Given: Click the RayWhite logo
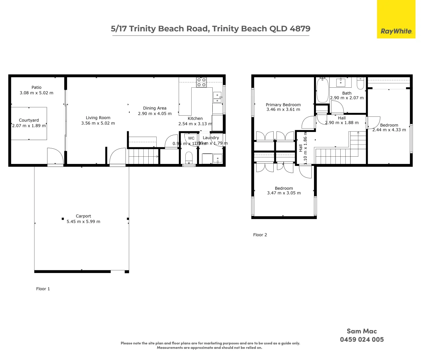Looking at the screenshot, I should [396, 31].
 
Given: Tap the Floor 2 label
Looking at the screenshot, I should [260, 235].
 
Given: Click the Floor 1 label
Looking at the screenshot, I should [43, 289].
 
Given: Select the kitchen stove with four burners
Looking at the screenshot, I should [201, 82].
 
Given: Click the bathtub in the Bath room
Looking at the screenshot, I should [322, 90].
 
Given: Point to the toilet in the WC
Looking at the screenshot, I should [189, 157].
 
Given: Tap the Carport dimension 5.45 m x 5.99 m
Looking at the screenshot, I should [83, 221].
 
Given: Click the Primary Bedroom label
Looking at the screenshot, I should [283, 105].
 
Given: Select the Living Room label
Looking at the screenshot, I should [98, 118].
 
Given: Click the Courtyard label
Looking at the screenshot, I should [29, 120].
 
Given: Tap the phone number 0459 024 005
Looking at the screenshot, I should [362, 339].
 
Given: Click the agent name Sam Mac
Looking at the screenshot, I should [362, 331].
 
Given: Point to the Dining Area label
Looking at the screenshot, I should [155, 108].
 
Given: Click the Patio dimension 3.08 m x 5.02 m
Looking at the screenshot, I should [36, 93].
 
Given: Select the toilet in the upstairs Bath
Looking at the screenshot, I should [360, 84].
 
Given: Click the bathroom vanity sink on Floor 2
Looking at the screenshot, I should [340, 82].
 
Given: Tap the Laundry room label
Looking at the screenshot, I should [211, 138].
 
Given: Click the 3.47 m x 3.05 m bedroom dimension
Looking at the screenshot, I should [284, 193].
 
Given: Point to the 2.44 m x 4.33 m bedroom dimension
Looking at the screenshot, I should [389, 130].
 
